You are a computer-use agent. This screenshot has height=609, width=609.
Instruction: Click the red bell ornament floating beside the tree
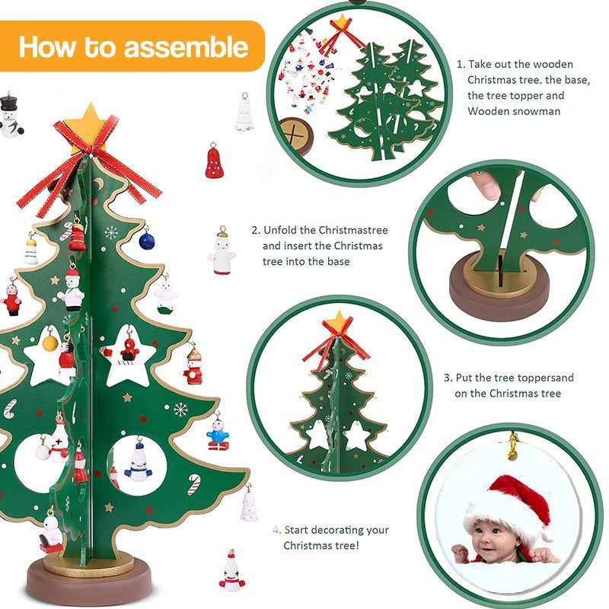(x=215, y=161)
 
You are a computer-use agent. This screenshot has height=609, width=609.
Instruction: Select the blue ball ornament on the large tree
(x=146, y=241)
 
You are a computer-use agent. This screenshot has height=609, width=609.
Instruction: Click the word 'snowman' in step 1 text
(x=536, y=111)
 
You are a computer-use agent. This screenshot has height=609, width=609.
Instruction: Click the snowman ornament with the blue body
(x=218, y=434)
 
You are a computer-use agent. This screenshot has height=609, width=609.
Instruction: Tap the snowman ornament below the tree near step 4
(x=231, y=572)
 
